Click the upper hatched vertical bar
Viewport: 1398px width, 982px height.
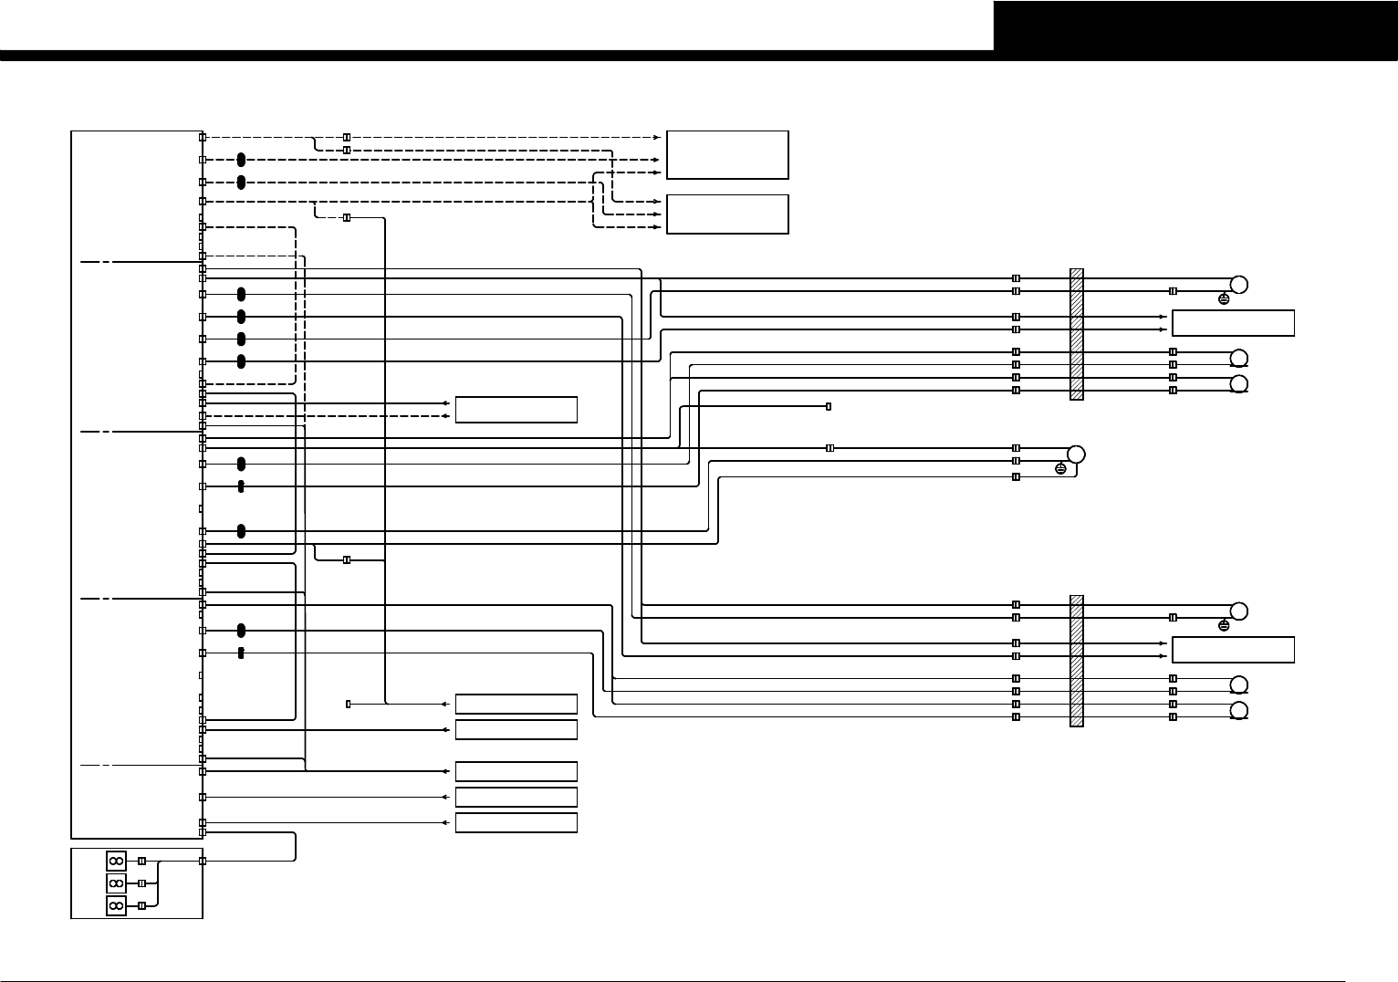[1077, 334]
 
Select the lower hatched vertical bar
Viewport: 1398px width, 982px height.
[1077, 661]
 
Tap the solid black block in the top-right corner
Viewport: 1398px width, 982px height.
[1195, 26]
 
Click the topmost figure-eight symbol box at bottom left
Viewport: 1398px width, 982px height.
[116, 861]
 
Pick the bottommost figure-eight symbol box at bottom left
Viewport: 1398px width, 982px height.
[116, 905]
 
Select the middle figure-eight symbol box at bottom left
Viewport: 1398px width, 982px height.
[116, 883]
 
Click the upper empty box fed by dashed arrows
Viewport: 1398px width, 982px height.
[727, 154]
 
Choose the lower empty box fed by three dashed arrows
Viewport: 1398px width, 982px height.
[727, 214]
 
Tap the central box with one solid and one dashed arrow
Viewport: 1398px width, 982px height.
[516, 410]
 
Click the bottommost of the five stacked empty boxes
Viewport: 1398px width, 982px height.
[516, 822]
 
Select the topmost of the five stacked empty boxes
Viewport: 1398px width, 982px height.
[516, 704]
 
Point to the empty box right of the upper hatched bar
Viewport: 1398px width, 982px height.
[1232, 323]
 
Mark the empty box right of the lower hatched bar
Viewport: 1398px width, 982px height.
[1232, 650]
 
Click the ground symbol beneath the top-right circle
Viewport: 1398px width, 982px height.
[1224, 298]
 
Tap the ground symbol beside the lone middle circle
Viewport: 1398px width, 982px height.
[1060, 468]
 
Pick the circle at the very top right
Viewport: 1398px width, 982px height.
[1239, 284]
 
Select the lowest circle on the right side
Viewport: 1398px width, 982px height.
[1239, 712]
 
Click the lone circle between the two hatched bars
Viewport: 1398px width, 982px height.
[1076, 454]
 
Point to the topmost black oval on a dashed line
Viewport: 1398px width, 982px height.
[241, 160]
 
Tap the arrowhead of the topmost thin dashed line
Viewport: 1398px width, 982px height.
[657, 137]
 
